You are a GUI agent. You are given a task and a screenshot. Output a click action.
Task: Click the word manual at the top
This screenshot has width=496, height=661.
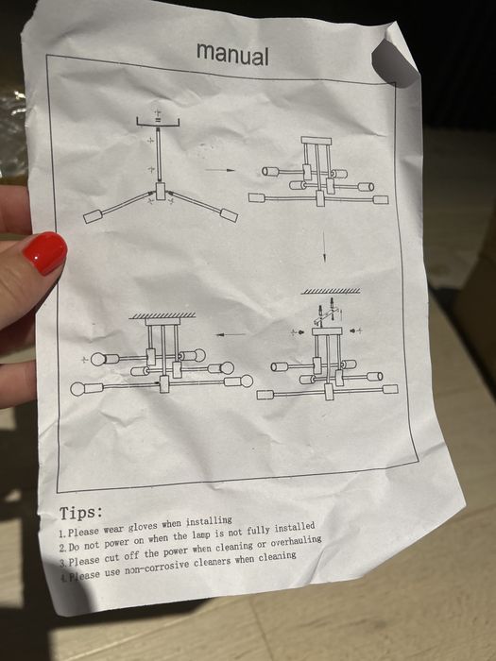pyautogui.click(x=232, y=54)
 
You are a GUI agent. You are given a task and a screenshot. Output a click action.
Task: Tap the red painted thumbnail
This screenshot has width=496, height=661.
pyautogui.click(x=43, y=253)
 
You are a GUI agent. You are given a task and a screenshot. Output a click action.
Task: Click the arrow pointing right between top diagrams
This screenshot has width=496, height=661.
pyautogui.click(x=220, y=171)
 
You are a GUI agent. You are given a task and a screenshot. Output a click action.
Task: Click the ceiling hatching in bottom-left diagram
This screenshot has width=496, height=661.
pyautogui.click(x=162, y=315)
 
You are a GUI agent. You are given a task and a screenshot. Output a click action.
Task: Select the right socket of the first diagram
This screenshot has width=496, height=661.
pyautogui.click(x=229, y=215)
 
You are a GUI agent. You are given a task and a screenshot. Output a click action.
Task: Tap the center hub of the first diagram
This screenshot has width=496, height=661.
pyautogui.click(x=161, y=193)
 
